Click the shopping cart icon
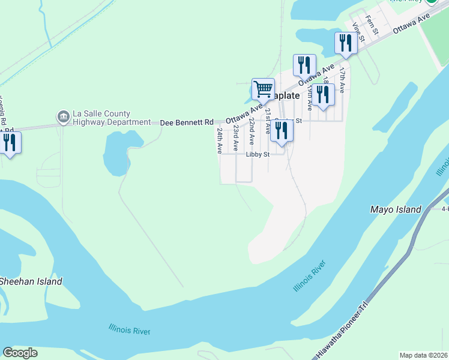coord(263,89)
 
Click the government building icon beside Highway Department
coord(63,118)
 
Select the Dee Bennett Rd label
coord(187,122)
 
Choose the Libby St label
coord(258,154)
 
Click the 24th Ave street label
coord(220,139)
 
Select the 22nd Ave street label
coord(252,131)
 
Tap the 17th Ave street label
coord(342,79)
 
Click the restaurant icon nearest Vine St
coord(345,43)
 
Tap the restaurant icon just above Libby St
coord(282,131)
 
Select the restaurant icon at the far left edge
coord(9,143)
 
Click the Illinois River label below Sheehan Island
coord(130,329)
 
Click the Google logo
coord(20,353)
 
